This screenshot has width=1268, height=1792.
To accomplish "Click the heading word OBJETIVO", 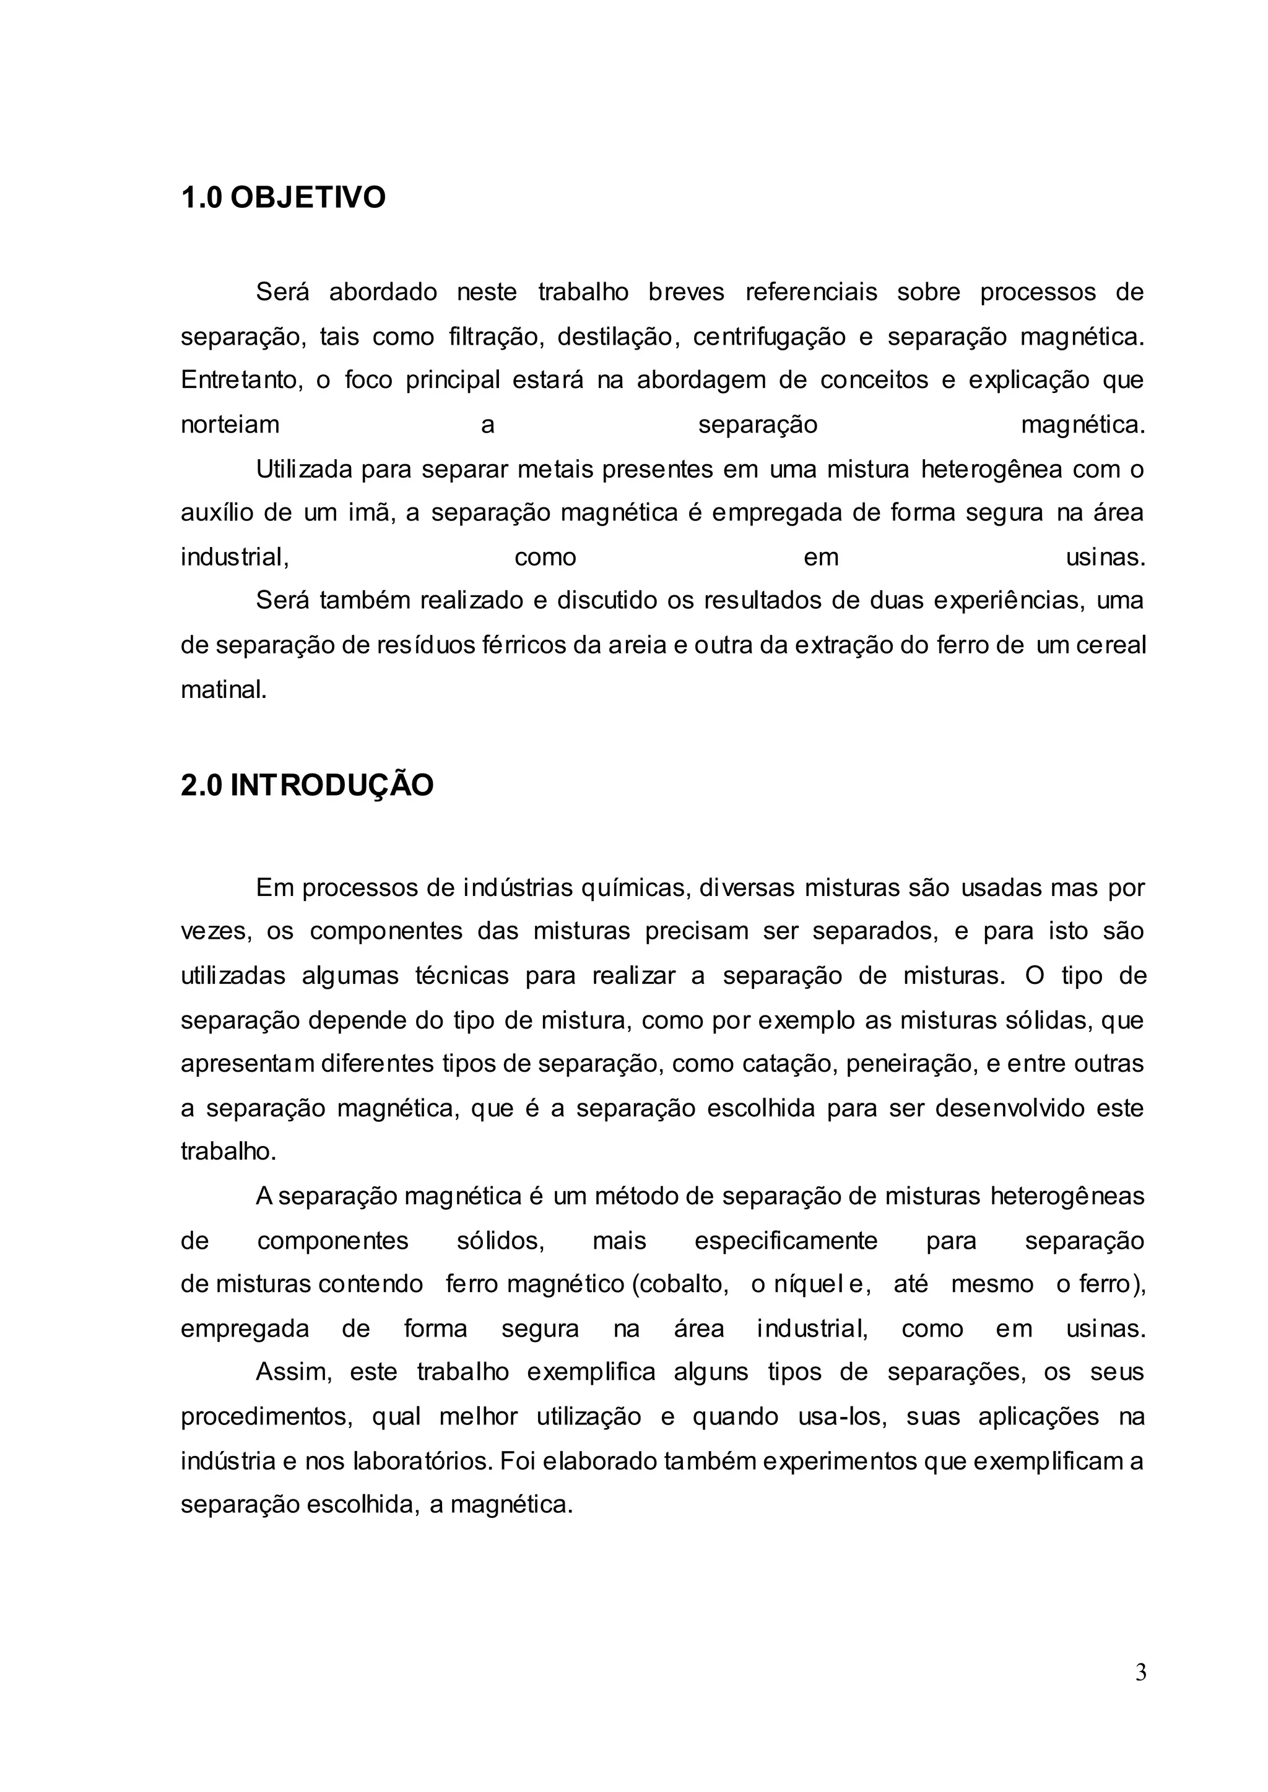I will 308,197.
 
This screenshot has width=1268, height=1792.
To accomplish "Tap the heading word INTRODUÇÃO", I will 331,785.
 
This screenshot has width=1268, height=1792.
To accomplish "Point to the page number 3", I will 1140,1673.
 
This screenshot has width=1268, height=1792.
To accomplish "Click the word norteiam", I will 230,424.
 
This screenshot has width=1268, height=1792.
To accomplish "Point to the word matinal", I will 224,690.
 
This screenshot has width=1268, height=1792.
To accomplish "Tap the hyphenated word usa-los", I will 841,1416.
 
